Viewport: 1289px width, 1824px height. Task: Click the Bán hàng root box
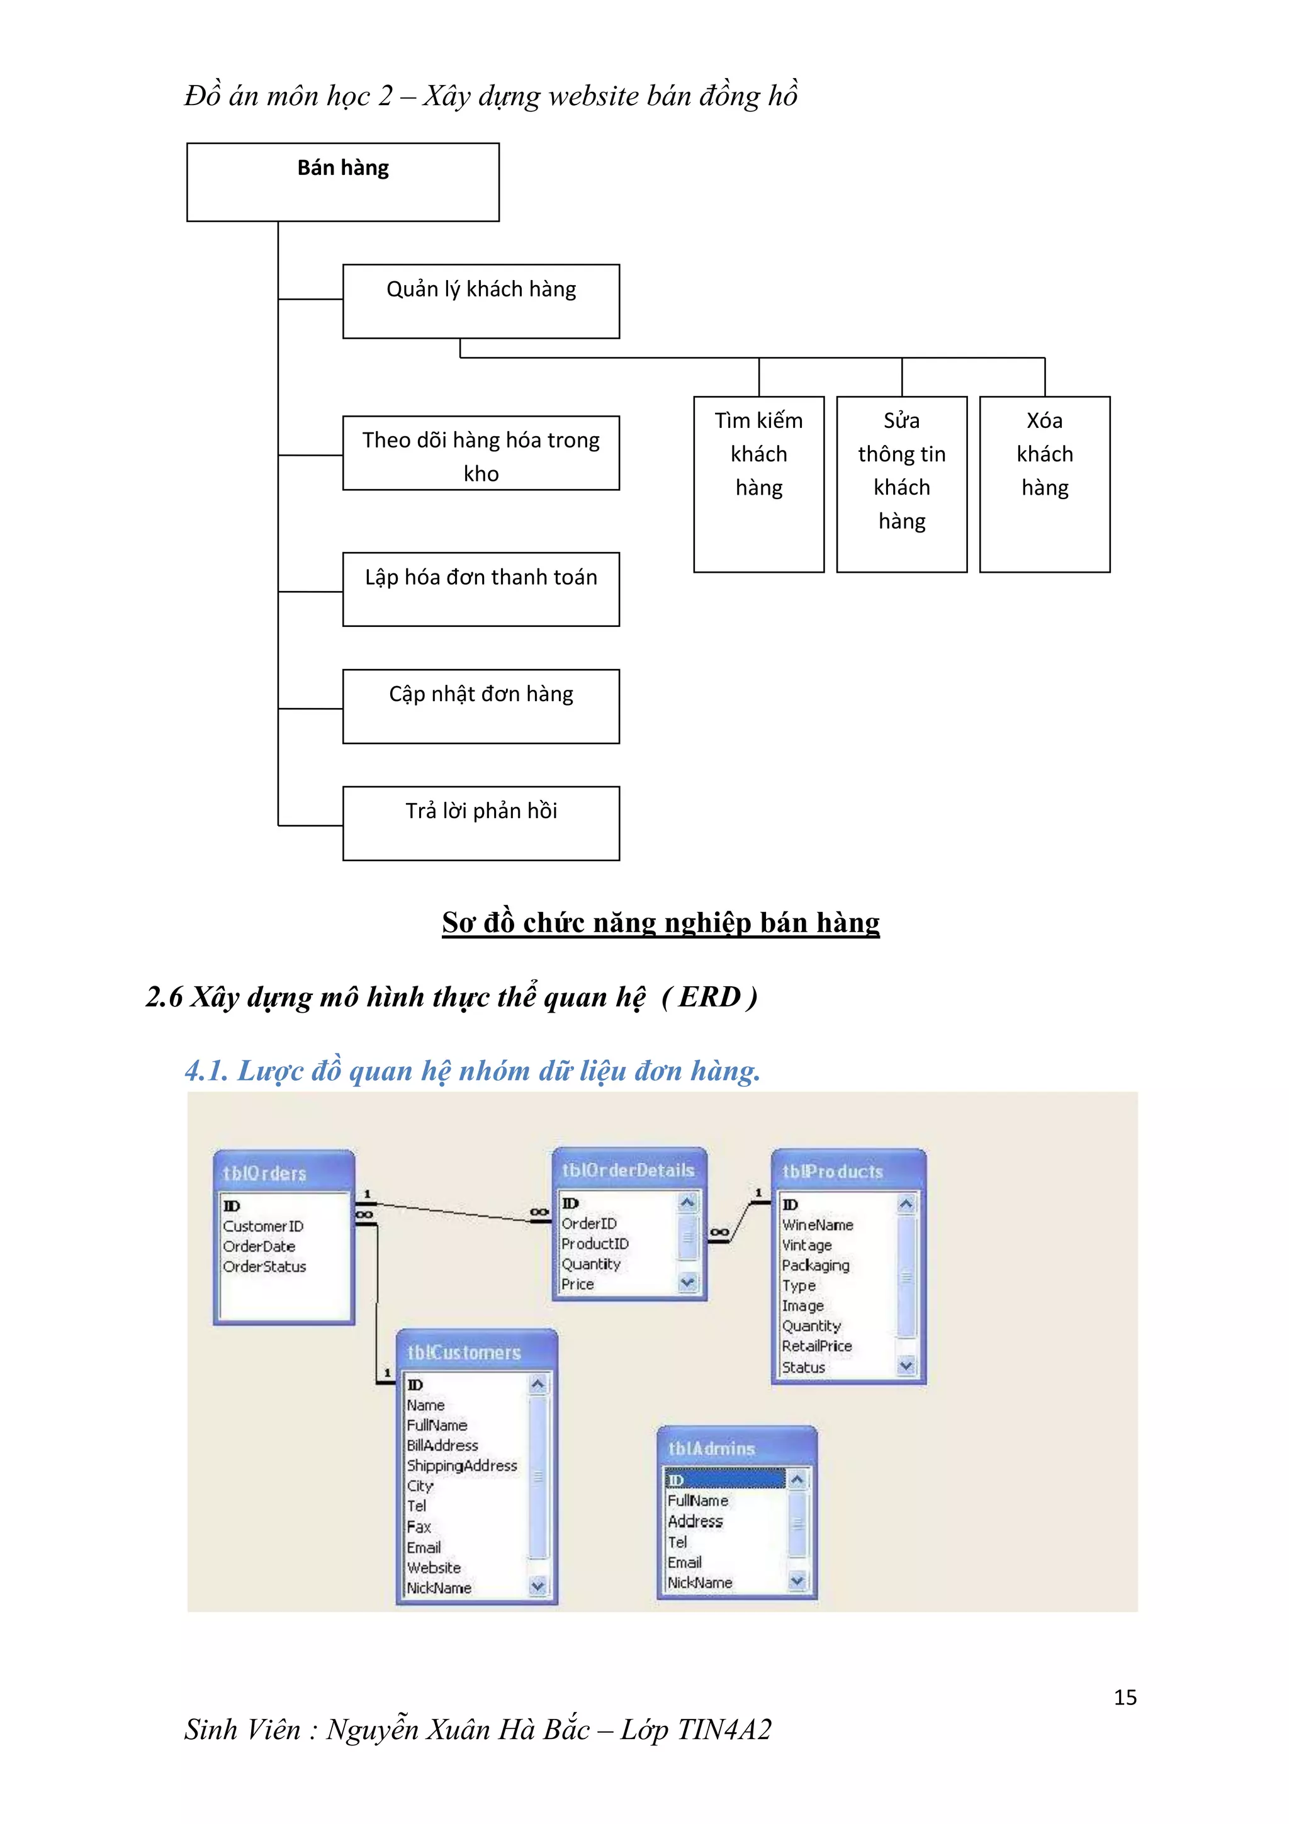tap(342, 182)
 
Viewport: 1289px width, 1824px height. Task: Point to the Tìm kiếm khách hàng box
tap(758, 484)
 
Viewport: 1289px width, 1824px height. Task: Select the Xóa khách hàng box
tap(1044, 484)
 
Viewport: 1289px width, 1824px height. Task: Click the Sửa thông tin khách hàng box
tap(901, 484)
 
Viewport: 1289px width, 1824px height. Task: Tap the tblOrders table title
tap(264, 1173)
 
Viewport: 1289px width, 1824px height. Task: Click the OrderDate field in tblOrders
tap(259, 1246)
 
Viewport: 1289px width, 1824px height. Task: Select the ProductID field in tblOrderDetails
tap(595, 1243)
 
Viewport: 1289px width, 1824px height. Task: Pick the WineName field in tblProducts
tap(817, 1225)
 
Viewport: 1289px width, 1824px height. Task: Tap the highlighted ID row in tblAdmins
tap(724, 1480)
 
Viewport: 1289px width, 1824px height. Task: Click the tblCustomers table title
tap(464, 1352)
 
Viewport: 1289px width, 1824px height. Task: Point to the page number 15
tap(1125, 1697)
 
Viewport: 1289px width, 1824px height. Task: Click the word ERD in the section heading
tap(709, 997)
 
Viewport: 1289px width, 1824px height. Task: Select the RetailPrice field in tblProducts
tap(816, 1346)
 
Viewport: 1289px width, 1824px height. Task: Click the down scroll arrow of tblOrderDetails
tap(688, 1281)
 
